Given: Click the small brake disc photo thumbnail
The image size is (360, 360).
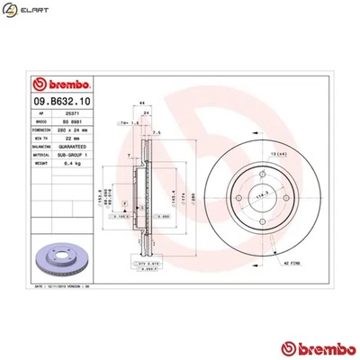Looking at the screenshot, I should click(x=64, y=260).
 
